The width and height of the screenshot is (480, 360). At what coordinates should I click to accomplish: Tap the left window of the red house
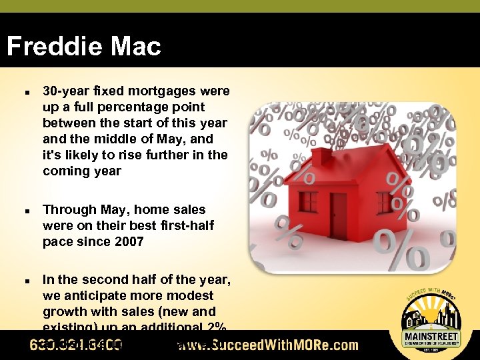coord(308,201)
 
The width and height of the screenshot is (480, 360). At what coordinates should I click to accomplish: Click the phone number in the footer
coord(75,345)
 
